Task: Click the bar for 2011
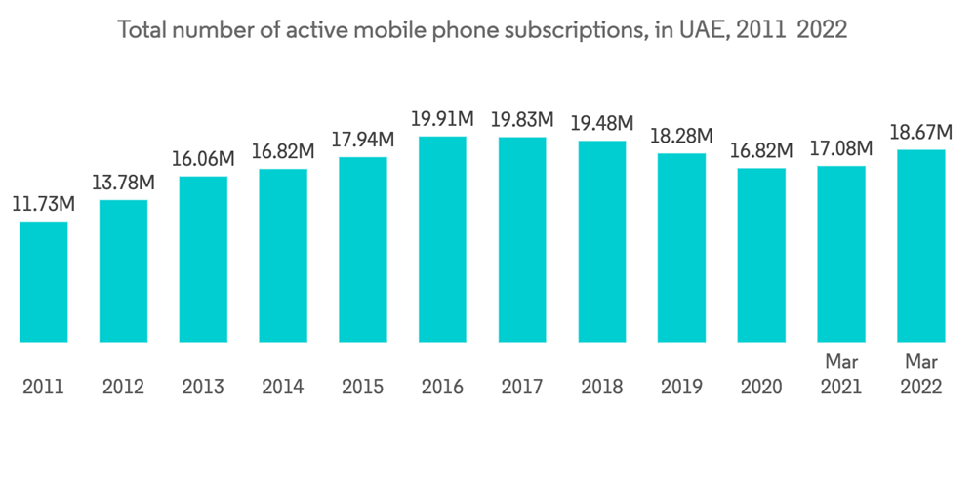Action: click(44, 282)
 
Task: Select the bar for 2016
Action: click(443, 239)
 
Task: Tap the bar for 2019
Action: click(681, 248)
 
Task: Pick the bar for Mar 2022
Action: click(920, 246)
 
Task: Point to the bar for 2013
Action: click(203, 260)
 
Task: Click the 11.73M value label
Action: click(43, 206)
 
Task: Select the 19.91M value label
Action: click(442, 120)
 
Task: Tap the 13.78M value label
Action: click(124, 184)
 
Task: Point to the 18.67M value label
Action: click(919, 133)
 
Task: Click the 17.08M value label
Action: click(841, 149)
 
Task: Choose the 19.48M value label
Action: click(602, 124)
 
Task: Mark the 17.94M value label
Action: click(362, 140)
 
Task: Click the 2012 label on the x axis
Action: click(123, 388)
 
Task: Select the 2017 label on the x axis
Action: click(522, 388)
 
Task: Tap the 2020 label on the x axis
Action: click(761, 388)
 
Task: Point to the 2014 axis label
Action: click(283, 388)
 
